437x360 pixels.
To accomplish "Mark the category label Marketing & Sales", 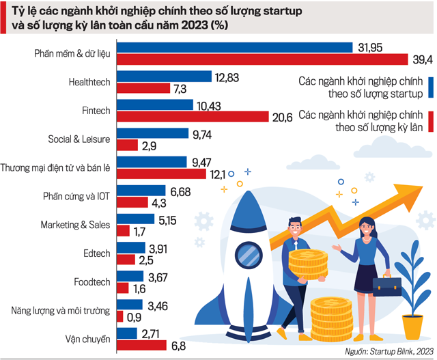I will (x=75, y=224).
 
